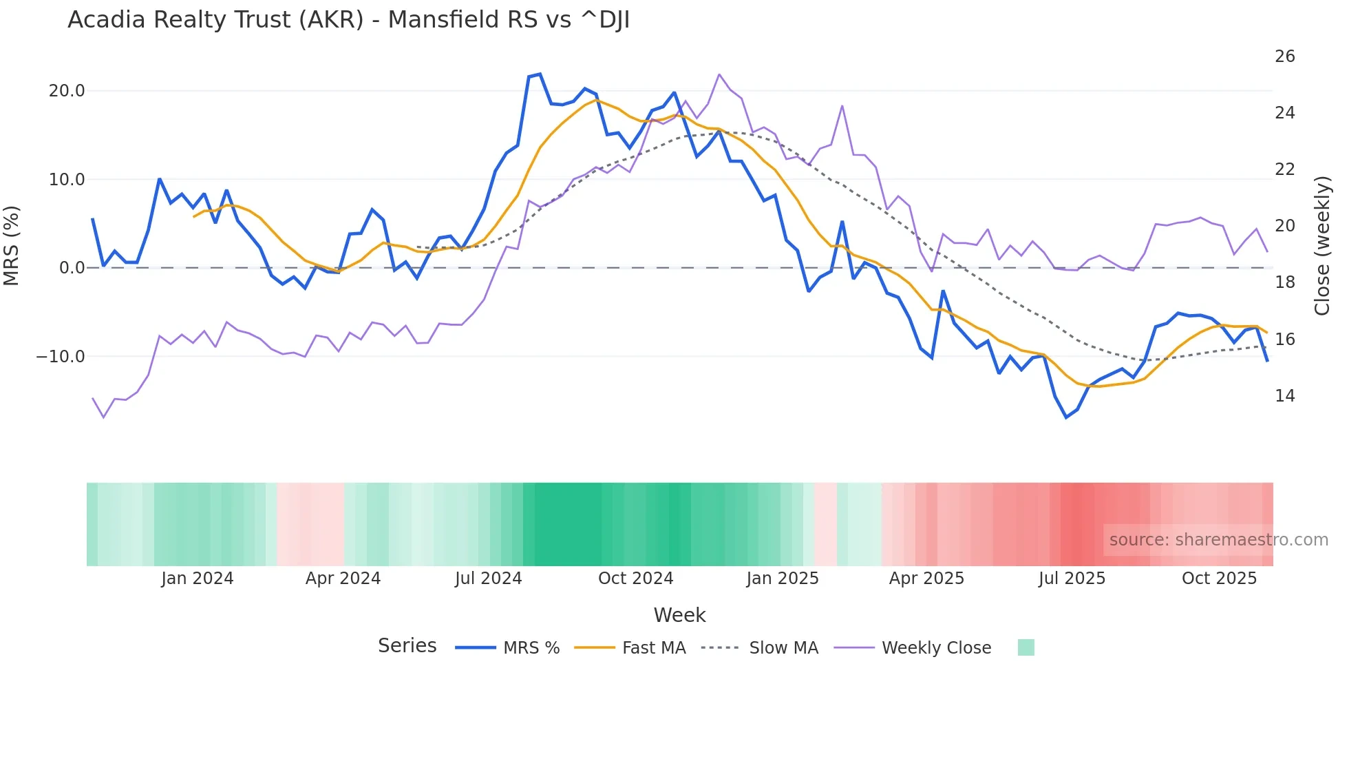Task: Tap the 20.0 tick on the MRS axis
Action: [x=67, y=91]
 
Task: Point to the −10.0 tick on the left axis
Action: [x=61, y=357]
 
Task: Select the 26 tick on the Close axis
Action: [x=1284, y=56]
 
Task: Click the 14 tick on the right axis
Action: [x=1284, y=396]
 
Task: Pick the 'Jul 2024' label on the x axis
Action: [x=488, y=579]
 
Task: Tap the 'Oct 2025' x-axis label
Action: [x=1219, y=579]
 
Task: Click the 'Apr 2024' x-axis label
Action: [x=343, y=579]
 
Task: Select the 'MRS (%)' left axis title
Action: [x=12, y=245]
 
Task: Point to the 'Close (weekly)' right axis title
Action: [x=1321, y=245]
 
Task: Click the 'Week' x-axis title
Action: [x=679, y=615]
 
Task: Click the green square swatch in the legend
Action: [x=1026, y=647]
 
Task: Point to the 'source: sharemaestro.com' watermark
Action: [x=1218, y=540]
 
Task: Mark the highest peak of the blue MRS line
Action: [x=540, y=74]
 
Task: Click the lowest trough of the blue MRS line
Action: [x=1066, y=417]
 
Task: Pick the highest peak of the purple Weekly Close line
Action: [x=719, y=74]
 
